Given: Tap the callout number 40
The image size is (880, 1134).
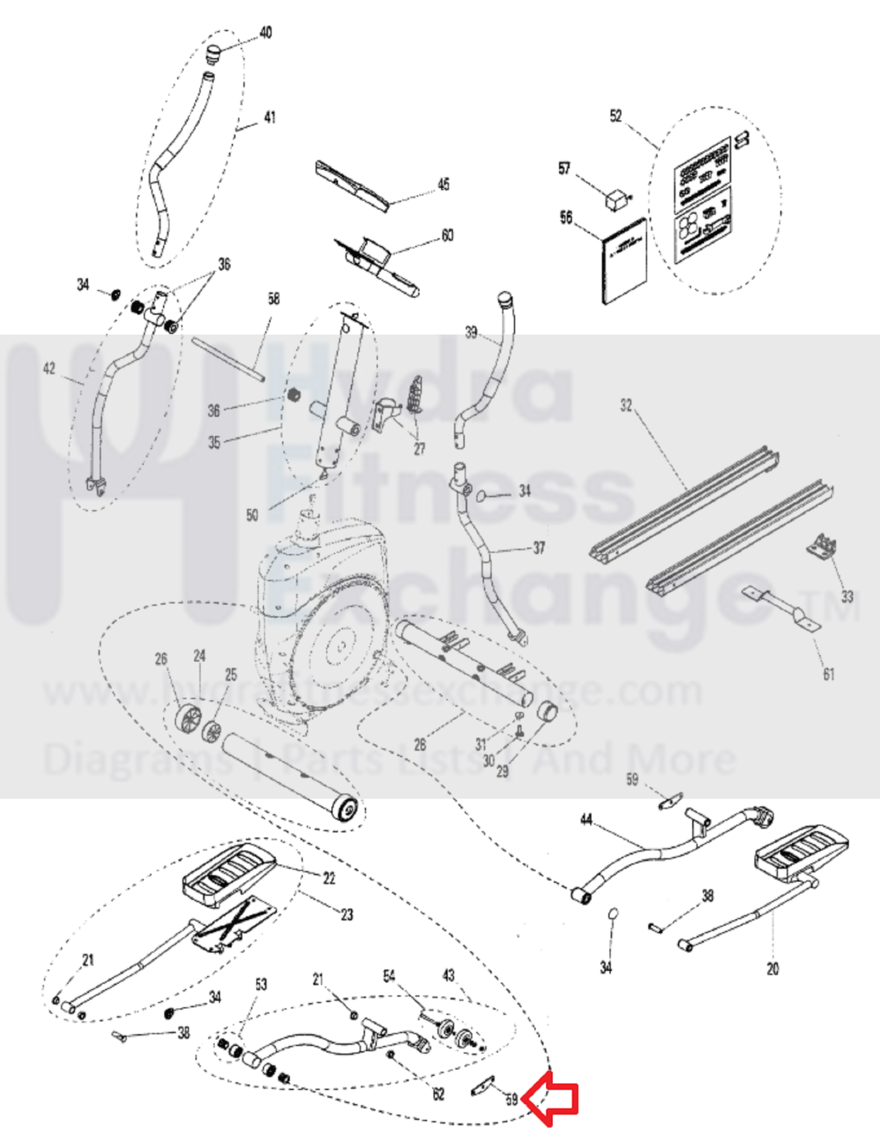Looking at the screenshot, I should [266, 33].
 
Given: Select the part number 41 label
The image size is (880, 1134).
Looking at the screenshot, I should [269, 117].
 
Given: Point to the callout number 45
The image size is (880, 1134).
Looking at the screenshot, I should [444, 184].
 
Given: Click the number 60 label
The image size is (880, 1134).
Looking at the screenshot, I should [447, 235].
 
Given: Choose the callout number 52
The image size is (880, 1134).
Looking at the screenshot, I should [616, 116].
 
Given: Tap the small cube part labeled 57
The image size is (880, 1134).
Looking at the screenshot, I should [615, 198].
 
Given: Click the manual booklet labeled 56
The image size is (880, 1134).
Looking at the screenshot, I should [625, 260].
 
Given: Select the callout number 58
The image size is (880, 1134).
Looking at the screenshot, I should [274, 299].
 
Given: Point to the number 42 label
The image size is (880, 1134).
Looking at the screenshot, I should [49, 368].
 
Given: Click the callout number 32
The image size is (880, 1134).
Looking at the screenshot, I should [625, 405].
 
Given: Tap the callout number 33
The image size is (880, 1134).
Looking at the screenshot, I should [847, 596].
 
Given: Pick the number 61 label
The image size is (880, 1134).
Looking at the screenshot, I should [828, 674].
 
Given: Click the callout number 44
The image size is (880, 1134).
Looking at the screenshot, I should [586, 820].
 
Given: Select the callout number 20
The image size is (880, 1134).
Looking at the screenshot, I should [772, 969].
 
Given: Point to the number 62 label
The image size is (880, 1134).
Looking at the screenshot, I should [438, 1094].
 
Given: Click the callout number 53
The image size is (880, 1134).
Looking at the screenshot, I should [261, 984].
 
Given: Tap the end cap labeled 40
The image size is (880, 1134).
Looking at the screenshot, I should [213, 53].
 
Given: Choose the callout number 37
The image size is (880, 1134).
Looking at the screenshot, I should [539, 547].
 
